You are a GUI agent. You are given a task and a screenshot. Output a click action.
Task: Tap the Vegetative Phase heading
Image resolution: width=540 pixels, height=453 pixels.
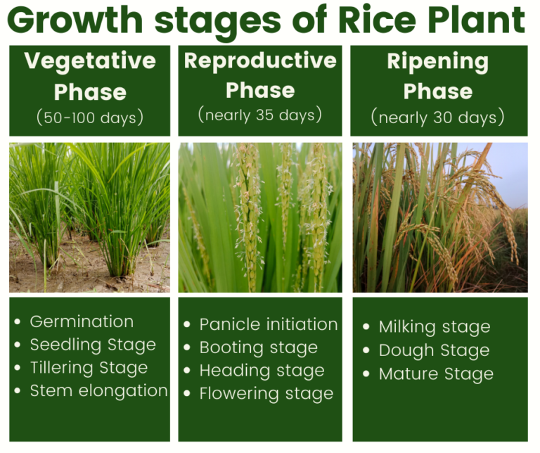coord(90,76)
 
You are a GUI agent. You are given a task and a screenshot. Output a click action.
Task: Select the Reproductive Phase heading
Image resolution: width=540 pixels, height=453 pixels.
coord(260,75)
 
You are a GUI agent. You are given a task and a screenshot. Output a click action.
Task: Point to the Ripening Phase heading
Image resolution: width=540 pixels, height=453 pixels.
coord(437,76)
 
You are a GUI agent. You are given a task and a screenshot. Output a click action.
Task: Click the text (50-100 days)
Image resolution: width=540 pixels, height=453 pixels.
coord(90,117)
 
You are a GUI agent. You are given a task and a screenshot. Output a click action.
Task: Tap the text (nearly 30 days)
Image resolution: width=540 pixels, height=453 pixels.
coord(437,117)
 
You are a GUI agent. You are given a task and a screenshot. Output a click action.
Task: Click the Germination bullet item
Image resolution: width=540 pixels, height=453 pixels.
coord(82,321)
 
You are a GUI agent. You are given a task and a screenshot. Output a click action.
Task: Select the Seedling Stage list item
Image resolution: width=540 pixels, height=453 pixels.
coord(93,345)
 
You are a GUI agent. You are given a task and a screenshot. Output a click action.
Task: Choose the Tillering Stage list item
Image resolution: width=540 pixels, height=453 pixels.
coord(89,368)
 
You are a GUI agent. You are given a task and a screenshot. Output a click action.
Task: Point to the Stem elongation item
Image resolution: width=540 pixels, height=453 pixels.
coord(98,391)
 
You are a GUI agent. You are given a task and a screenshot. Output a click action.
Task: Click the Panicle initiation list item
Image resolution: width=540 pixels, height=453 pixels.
coord(269,324)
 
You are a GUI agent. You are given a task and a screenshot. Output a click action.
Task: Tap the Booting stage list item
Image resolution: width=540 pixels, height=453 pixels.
coord(259,347)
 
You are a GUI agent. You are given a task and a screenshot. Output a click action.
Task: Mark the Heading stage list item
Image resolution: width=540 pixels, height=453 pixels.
coord(262,371)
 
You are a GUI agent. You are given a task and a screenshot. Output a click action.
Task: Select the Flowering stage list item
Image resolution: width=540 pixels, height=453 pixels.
coord(266,394)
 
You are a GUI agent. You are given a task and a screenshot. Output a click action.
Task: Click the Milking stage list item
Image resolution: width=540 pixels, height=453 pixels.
coord(435,327)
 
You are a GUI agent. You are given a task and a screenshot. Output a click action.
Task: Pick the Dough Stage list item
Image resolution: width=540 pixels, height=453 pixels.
coord(434,350)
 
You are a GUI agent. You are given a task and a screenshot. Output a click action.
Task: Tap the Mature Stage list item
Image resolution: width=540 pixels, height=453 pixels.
coord(436,374)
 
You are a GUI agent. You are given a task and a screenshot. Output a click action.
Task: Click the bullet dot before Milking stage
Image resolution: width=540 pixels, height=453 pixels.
coord(366,326)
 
